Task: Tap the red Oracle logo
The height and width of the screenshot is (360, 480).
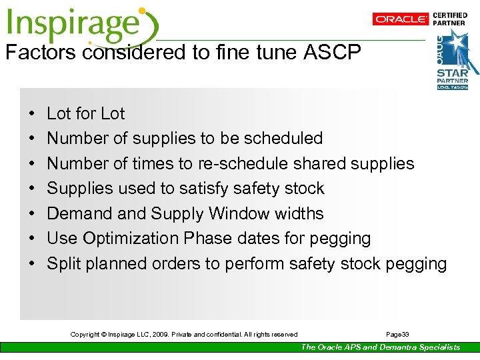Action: (400, 19)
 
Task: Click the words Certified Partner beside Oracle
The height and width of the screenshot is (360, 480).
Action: (450, 19)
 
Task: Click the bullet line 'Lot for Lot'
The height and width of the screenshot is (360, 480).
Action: (85, 114)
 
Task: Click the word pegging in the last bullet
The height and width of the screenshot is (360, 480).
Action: (416, 264)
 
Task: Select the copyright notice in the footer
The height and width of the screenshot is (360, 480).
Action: (184, 334)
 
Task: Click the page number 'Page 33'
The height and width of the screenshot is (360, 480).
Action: (397, 334)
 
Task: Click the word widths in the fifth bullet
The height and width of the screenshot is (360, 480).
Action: (301, 213)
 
